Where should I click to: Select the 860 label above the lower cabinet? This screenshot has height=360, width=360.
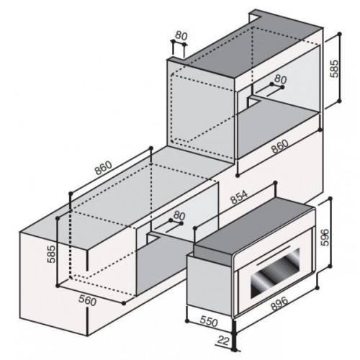point(105,167)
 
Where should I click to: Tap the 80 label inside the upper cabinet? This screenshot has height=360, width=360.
point(281,80)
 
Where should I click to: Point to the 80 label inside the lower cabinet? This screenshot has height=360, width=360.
point(179,216)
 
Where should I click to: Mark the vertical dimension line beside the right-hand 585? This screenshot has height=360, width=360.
point(335,70)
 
